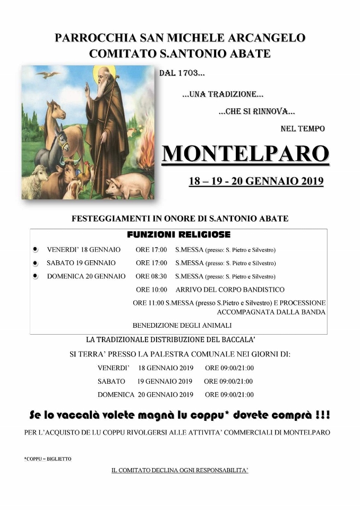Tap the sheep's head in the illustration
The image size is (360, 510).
pos(40,174)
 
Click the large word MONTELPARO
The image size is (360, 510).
pos(245,154)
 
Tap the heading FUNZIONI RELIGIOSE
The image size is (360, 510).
pos(178,235)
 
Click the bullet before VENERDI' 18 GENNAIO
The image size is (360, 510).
pos(35,249)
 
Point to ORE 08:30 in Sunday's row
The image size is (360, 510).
pos(151,276)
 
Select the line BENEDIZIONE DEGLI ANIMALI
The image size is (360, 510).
pos(182,325)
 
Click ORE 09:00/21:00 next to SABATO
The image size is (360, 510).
pos(228,381)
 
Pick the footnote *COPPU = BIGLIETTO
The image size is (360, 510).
pos(47,458)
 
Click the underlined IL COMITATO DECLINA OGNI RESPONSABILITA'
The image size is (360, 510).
pos(179,471)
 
